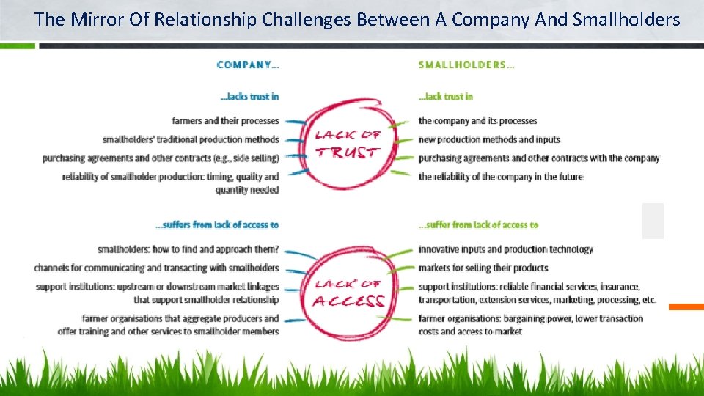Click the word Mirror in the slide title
[95, 19]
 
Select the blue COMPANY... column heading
[248, 65]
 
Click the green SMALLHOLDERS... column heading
[466, 65]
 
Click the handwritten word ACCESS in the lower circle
[349, 301]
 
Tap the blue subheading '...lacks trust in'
[249, 96]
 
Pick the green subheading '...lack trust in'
[446, 96]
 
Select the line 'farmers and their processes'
[225, 120]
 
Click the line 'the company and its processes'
[477, 120]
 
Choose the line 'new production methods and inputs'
[489, 139]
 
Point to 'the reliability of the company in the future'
[501, 176]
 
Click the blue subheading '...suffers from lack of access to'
[218, 224]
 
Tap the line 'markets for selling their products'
[483, 268]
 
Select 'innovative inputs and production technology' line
[505, 249]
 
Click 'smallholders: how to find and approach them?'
[188, 249]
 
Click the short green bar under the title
[18, 45]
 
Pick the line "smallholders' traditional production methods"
[191, 139]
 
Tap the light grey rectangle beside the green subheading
[653, 221]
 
